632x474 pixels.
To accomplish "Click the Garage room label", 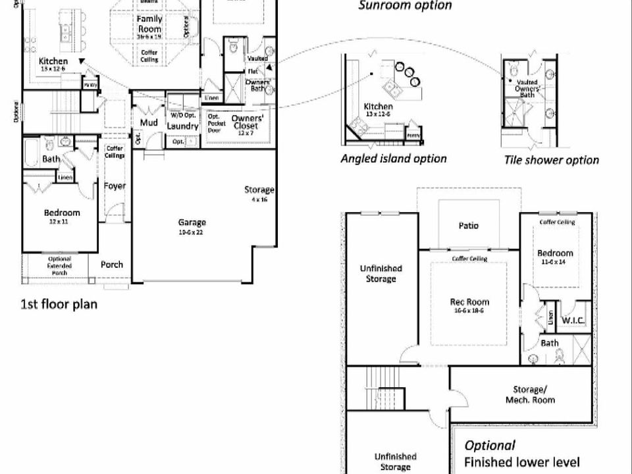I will (x=192, y=223).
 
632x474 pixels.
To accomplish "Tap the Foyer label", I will (x=115, y=186).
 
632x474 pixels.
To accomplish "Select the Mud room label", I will (x=147, y=123).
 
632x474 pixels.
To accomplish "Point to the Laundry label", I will (x=182, y=126).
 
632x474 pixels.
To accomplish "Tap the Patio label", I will (x=468, y=226).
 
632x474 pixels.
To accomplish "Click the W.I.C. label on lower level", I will (x=570, y=321).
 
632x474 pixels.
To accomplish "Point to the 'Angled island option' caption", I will (x=393, y=159).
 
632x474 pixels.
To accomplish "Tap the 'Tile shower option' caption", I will (x=551, y=160).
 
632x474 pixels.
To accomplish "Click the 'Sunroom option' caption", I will (x=405, y=6).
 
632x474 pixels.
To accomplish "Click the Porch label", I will (x=112, y=265).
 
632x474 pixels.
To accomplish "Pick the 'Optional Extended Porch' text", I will (x=59, y=265).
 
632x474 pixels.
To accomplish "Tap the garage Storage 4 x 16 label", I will (x=259, y=194).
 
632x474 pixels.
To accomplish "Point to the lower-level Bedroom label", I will (x=555, y=253).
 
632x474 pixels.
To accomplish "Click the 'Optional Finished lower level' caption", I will (x=522, y=454).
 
